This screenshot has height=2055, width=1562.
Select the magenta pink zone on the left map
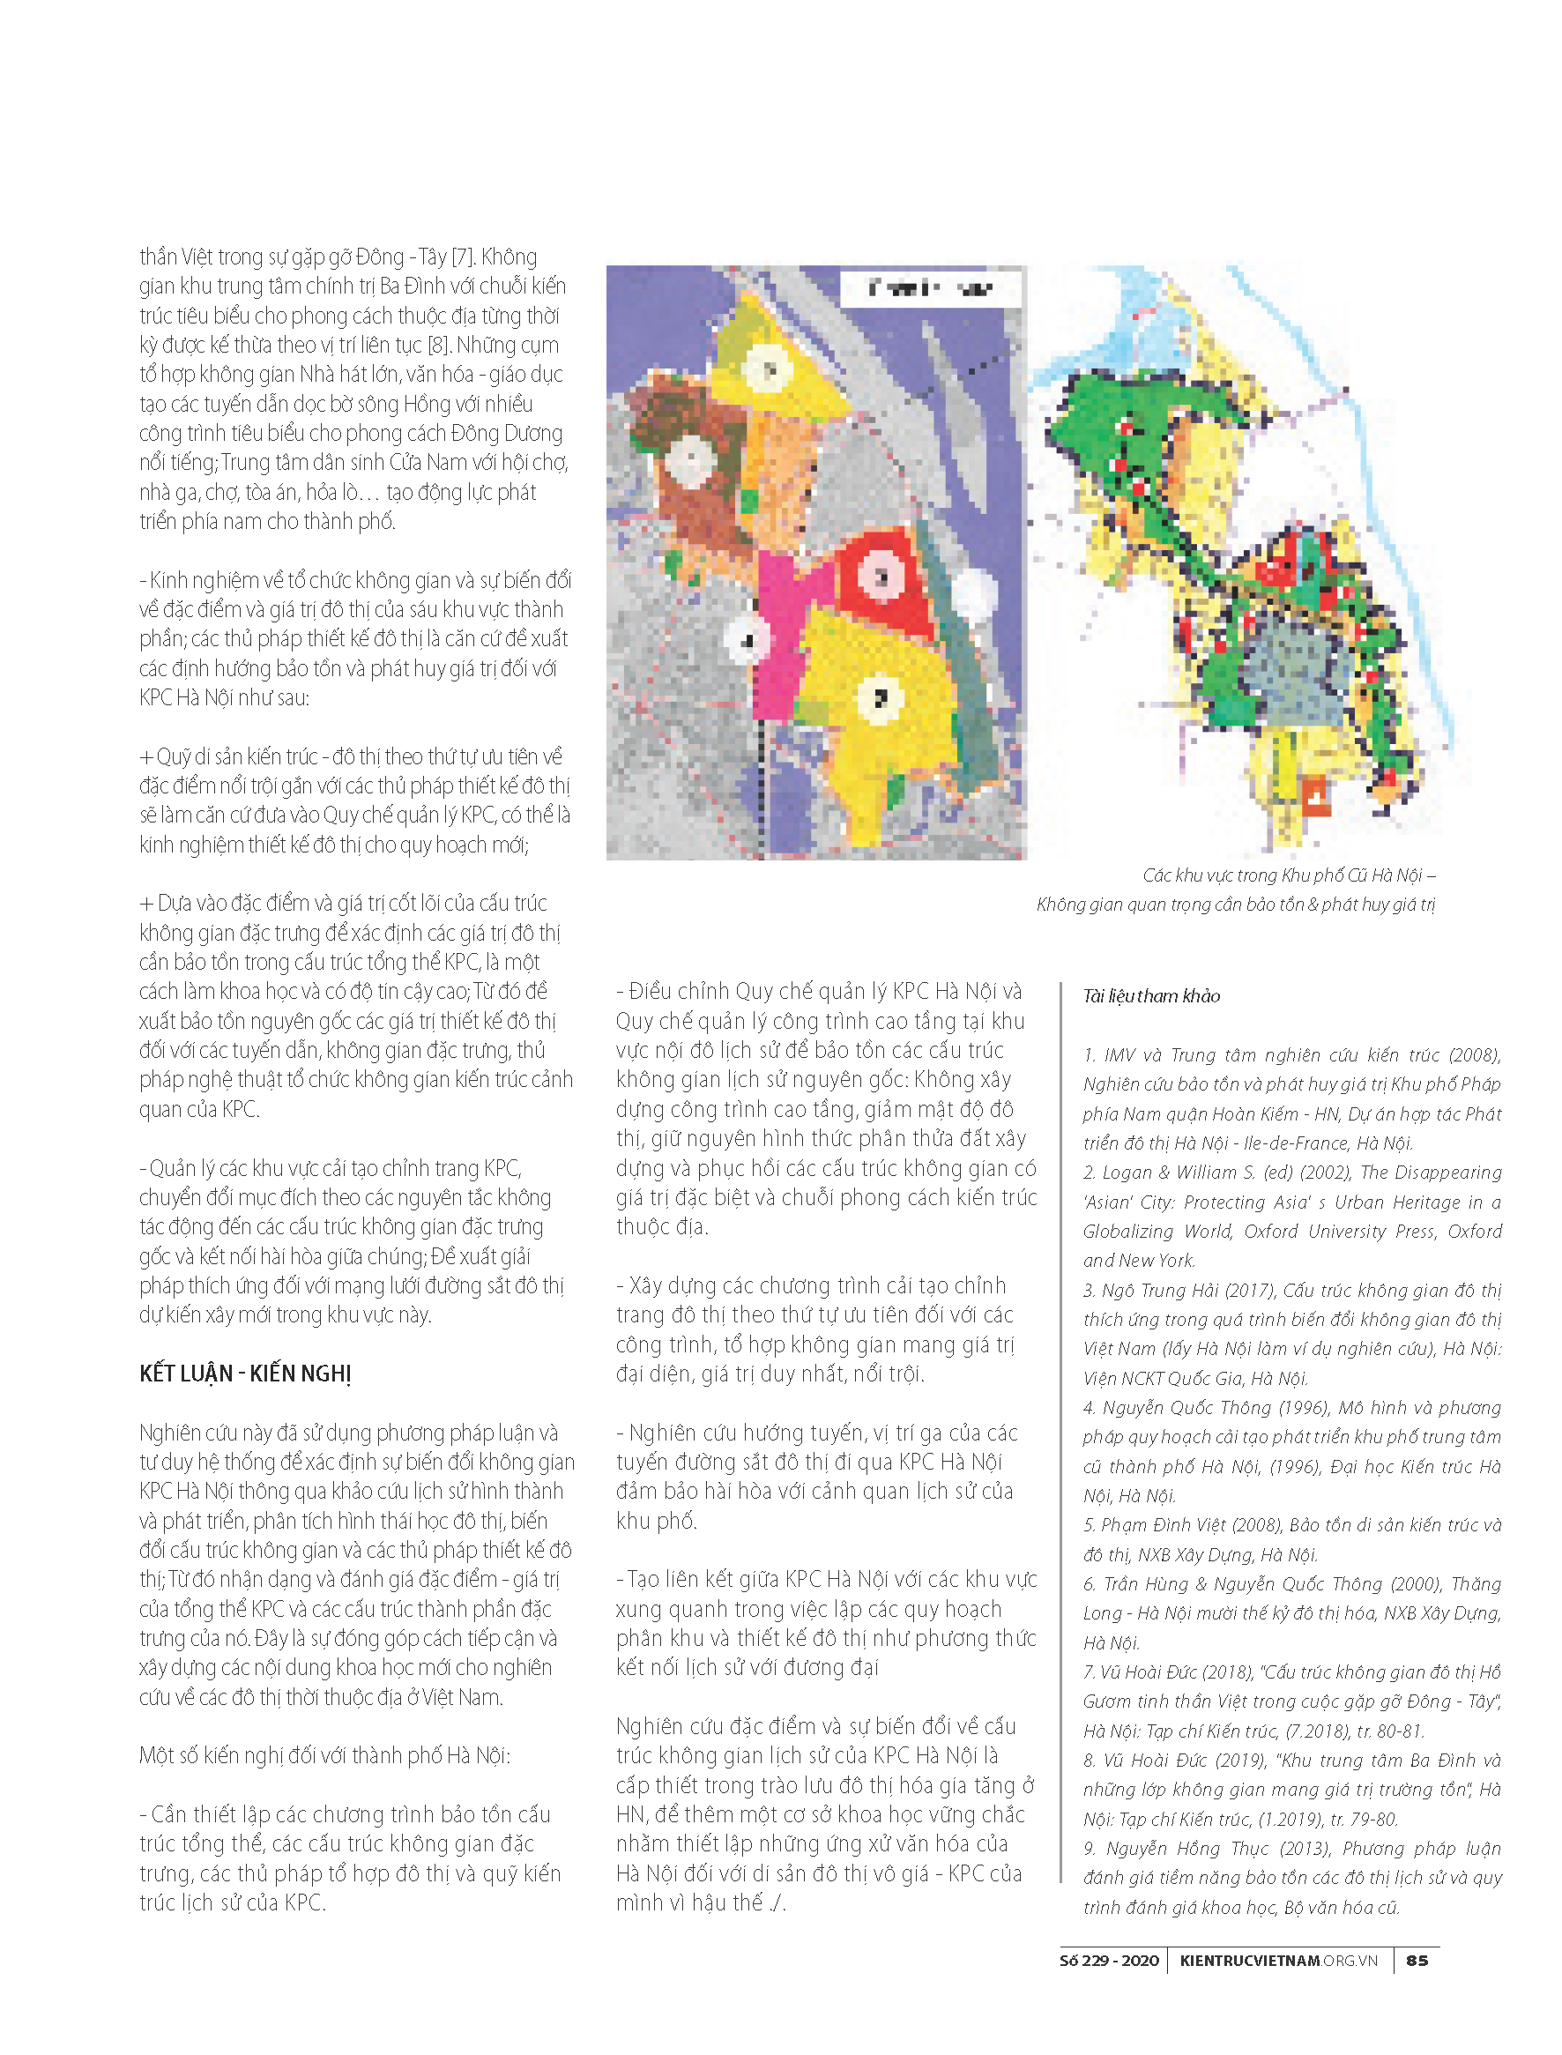point(779,632)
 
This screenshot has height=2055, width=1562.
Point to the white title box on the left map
point(930,288)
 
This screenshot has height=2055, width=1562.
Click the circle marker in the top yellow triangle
point(770,370)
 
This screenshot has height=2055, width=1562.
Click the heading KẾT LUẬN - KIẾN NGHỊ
point(245,1374)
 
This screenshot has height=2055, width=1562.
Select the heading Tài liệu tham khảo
point(1151,996)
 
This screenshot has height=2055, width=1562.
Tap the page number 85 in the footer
point(1417,1960)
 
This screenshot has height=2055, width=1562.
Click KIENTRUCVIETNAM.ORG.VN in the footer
point(1278,1960)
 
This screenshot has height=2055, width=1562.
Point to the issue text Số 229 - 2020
point(1109,1960)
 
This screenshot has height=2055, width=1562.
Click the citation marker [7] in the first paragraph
point(462,257)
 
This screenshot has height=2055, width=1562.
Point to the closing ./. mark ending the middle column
point(776,1903)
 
